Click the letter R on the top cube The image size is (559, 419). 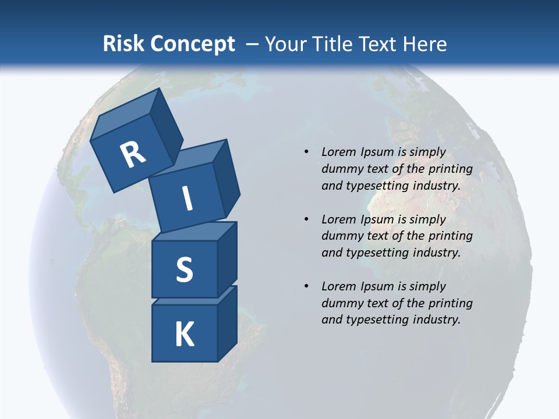133,155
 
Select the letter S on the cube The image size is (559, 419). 184,269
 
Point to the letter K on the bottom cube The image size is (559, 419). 185,335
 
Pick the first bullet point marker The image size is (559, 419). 306,152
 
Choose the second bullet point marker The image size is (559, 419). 306,219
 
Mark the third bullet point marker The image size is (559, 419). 306,286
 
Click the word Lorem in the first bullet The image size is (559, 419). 338,152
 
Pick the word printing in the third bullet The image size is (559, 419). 450,303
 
